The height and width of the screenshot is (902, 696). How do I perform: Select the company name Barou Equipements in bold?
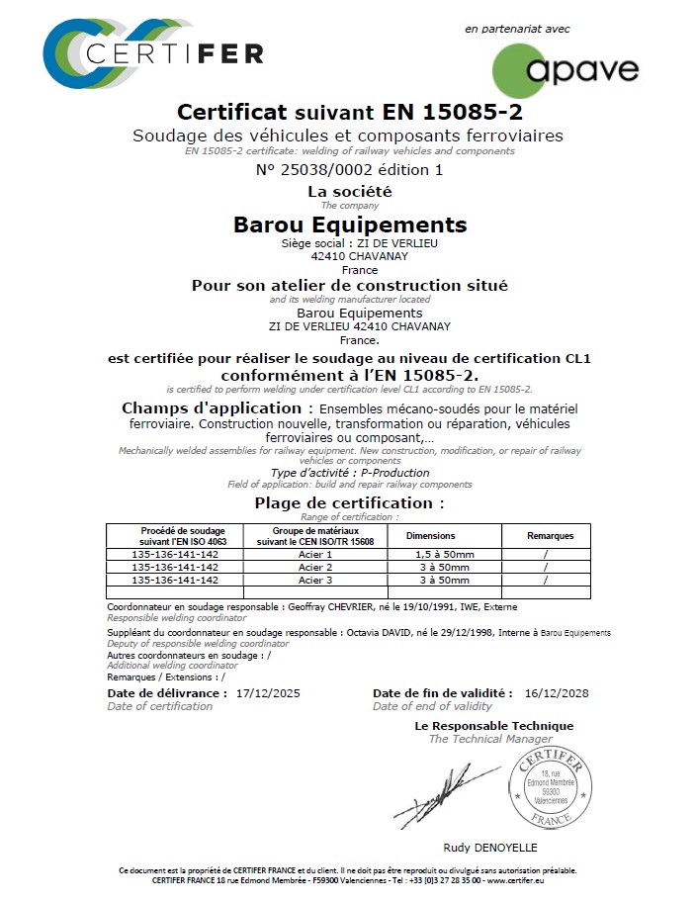click(350, 225)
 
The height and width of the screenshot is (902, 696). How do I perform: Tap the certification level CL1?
click(575, 358)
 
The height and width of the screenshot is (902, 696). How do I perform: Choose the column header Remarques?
click(550, 536)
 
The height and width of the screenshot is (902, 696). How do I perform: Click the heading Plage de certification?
click(349, 502)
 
